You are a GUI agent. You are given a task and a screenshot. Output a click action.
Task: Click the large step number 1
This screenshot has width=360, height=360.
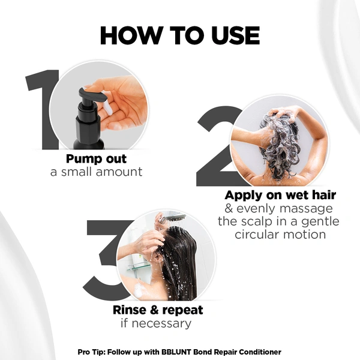click(x=42, y=111)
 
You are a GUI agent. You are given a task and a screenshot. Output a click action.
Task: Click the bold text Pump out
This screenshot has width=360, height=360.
click(x=96, y=160)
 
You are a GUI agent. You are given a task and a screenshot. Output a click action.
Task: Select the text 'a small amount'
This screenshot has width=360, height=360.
click(x=96, y=172)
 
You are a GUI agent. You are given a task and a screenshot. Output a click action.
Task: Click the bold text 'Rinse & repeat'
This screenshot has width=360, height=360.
click(x=158, y=310)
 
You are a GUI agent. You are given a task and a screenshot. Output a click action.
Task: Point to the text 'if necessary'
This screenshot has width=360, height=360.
click(x=158, y=323)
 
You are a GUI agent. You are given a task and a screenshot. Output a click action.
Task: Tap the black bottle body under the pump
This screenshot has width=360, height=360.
click(x=88, y=135)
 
